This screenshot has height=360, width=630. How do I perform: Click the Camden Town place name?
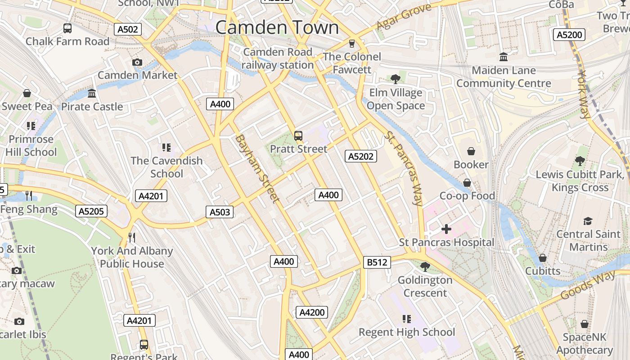tap(277, 27)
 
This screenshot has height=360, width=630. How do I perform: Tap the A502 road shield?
tap(128, 30)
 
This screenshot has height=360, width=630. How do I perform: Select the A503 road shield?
tap(220, 212)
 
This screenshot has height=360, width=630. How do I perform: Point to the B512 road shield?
tap(377, 262)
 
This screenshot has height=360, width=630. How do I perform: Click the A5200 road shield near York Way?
tap(569, 35)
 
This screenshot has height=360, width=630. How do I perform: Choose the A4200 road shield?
tap(312, 312)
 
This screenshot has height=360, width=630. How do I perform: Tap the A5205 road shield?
tap(92, 211)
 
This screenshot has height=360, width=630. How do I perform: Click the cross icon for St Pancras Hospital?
tap(446, 229)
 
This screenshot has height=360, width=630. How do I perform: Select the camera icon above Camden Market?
tap(137, 62)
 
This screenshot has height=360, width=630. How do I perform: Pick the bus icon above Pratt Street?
tap(298, 135)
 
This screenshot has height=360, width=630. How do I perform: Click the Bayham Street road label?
tap(257, 168)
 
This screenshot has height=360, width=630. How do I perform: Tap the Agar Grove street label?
tap(404, 16)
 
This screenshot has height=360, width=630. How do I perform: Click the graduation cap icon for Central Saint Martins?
tap(588, 221)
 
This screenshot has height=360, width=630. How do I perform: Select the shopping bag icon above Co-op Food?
tap(467, 183)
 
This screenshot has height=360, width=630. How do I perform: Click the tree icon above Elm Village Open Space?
tap(396, 79)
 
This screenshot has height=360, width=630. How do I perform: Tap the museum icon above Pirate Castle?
tap(92, 94)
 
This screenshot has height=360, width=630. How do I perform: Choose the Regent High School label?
tap(407, 332)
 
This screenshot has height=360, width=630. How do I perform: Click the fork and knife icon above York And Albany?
tap(131, 237)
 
